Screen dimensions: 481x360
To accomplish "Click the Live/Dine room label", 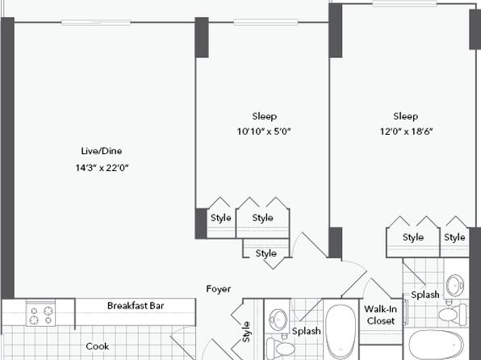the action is pyautogui.click(x=102, y=151).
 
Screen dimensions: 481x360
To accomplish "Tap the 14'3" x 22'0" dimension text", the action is pyautogui.click(x=102, y=168).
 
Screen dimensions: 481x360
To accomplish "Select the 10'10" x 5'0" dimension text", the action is pyautogui.click(x=264, y=132).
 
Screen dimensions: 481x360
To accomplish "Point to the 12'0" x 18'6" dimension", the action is pyautogui.click(x=406, y=132).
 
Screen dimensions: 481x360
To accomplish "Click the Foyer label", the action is pyautogui.click(x=219, y=289).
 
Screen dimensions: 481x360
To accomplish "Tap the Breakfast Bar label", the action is pyautogui.click(x=136, y=306).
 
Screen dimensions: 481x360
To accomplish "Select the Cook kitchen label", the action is pyautogui.click(x=97, y=346).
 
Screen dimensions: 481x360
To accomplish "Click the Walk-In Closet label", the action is pyautogui.click(x=380, y=315).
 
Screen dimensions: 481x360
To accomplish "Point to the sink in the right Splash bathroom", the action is pyautogui.click(x=455, y=285).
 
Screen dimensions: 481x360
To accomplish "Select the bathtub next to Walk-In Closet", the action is pyautogui.click(x=341, y=331).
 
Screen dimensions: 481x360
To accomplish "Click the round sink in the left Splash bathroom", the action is pyautogui.click(x=278, y=320).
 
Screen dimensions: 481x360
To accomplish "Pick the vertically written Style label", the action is pyautogui.click(x=246, y=332).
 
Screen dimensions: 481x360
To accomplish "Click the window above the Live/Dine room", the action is pyautogui.click(x=96, y=23).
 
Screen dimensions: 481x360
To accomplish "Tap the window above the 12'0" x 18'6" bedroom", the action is pyautogui.click(x=404, y=4).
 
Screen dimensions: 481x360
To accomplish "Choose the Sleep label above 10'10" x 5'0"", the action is pyautogui.click(x=265, y=116).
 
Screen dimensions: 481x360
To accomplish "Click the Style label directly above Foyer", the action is pyautogui.click(x=266, y=253).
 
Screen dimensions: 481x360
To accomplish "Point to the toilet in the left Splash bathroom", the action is pyautogui.click(x=281, y=348).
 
